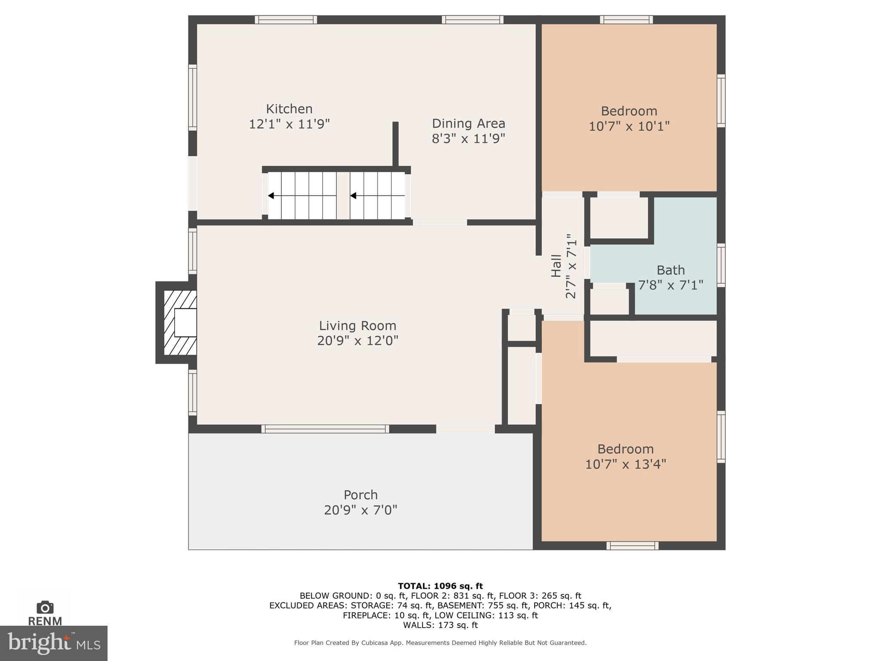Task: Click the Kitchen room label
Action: tap(289, 109)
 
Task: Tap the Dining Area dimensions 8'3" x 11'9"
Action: tap(468, 139)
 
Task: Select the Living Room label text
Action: tap(357, 326)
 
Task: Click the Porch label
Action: tap(360, 495)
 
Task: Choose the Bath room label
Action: tap(670, 270)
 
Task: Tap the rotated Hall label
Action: tap(556, 266)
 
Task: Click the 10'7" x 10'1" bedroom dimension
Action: tap(629, 127)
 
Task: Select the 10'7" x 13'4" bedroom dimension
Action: tap(625, 464)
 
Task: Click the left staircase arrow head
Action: tap(271, 196)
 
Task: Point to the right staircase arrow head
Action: tap(353, 196)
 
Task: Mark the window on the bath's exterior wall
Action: tap(721, 265)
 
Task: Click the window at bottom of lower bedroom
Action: tap(632, 546)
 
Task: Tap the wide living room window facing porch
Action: tap(325, 429)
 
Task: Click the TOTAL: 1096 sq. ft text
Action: tap(440, 586)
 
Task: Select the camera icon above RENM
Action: tap(45, 608)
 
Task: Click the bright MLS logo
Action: tap(53, 643)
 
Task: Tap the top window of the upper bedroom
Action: tap(626, 19)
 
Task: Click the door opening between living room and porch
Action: tap(465, 429)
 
